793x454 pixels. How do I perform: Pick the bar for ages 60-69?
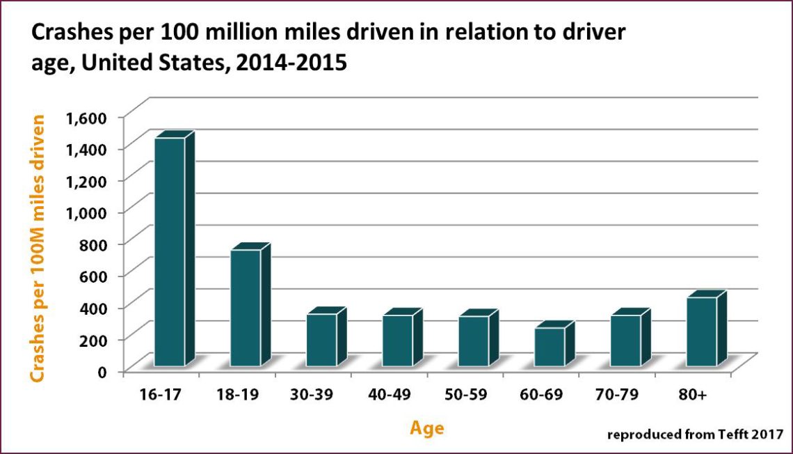click(550, 346)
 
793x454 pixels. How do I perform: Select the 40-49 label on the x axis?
click(388, 395)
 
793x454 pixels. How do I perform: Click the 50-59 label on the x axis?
click(465, 395)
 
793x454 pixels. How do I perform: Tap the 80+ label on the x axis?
click(692, 395)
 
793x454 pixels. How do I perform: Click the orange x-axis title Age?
click(426, 428)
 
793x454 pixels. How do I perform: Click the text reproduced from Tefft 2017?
click(695, 435)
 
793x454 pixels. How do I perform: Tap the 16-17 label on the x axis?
click(160, 395)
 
